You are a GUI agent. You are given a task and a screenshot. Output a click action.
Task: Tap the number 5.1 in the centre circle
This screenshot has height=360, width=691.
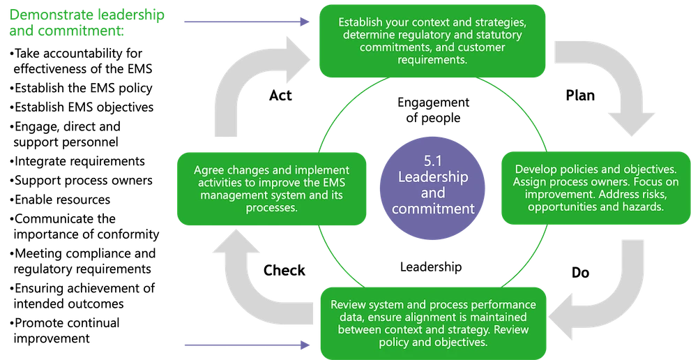[x=432, y=161]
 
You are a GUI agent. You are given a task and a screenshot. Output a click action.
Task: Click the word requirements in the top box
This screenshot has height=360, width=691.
[x=432, y=60]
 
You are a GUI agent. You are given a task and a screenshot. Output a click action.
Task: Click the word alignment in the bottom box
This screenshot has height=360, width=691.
[x=425, y=317]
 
